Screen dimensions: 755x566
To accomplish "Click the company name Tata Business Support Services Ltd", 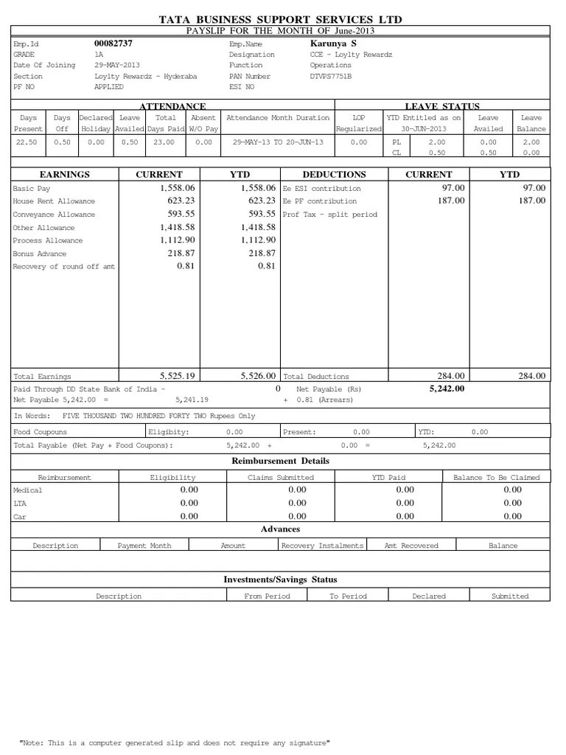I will coord(281,19).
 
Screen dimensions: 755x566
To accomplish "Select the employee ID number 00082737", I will coord(113,44).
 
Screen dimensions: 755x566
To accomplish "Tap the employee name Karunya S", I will coord(332,44).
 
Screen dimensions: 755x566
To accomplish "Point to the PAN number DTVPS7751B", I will coord(331,76).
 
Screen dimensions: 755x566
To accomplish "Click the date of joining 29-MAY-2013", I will coord(116,65).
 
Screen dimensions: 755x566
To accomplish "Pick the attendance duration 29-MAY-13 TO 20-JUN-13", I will coord(278,142).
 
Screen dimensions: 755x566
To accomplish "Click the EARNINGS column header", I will coord(65,175).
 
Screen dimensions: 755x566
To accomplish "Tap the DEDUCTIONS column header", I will coord(334,175).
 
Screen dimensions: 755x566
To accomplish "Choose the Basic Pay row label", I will coord(32,189).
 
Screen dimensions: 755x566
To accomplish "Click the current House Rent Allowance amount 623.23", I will coord(178,201).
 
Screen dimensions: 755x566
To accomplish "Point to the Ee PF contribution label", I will coord(319,201).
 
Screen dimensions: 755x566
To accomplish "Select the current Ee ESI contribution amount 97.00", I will coord(453,188).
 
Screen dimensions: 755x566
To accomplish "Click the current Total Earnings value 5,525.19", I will coord(177,376).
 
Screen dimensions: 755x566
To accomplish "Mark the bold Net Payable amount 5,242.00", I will coord(447,389).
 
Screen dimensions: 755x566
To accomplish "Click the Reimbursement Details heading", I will coord(281,461).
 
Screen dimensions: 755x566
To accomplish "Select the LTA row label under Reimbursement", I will coord(19,504).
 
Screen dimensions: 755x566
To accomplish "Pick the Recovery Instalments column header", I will coord(322,546).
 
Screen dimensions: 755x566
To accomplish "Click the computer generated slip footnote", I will coord(174,743).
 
